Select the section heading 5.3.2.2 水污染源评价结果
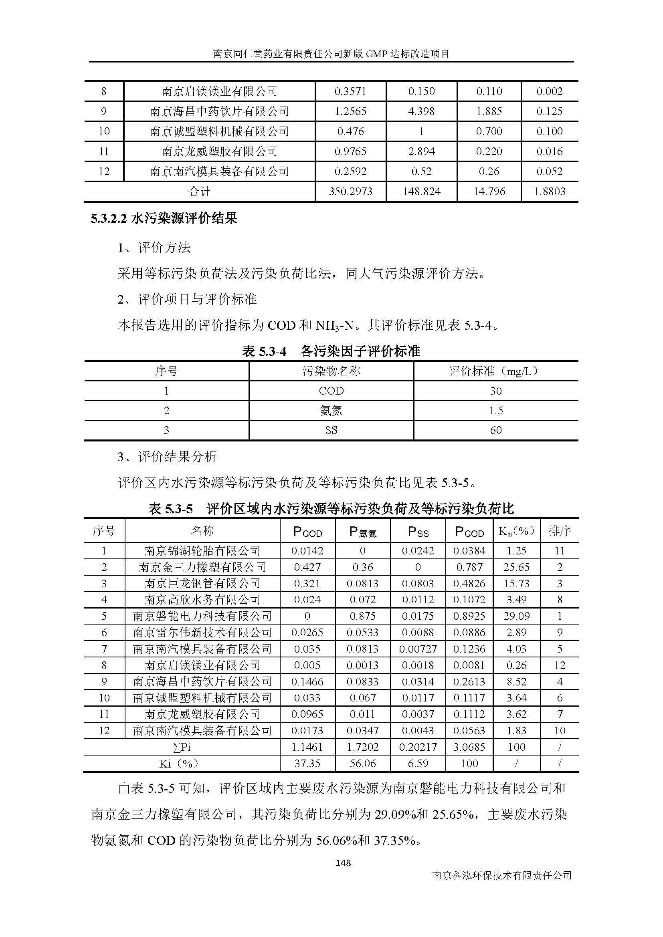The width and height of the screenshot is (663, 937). tap(164, 219)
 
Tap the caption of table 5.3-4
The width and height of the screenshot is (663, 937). tap(331, 351)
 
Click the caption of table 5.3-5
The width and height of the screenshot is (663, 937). tap(331, 508)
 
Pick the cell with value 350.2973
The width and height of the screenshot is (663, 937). tap(351, 191)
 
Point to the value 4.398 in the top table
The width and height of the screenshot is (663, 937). tap(421, 111)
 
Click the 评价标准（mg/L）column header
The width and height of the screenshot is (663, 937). tap(495, 371)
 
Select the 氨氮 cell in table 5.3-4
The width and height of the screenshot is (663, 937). tap(331, 411)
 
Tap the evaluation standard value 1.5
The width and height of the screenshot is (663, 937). tap(495, 411)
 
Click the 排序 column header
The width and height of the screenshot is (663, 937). tap(559, 530)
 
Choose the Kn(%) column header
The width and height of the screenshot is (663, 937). tap(516, 530)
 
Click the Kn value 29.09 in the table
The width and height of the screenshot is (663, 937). tap(516, 616)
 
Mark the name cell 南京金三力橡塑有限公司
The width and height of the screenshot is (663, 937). tap(202, 567)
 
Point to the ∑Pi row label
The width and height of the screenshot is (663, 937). tap(182, 747)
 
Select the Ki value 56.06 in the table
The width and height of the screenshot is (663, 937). tap(362, 763)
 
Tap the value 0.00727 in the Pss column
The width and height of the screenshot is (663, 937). tap(418, 649)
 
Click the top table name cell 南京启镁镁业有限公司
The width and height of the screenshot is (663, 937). tap(219, 91)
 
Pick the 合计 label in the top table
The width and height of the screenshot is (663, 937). tap(200, 191)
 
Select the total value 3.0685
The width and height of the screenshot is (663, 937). tap(469, 747)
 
